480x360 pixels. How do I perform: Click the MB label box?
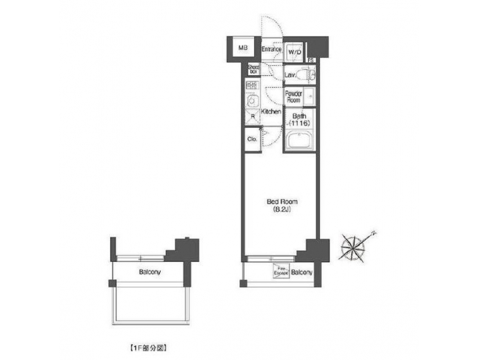pos(243,49)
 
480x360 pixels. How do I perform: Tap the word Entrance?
pos(271,49)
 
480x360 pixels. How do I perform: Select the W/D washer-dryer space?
pos(295,51)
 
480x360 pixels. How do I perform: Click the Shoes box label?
pos(253,69)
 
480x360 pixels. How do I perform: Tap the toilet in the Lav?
pos(307,75)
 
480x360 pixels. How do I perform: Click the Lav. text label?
pos(290,76)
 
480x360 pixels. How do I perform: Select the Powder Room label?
pos(294,97)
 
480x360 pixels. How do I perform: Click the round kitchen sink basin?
pos(253,102)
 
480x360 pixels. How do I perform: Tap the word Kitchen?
pos(271,112)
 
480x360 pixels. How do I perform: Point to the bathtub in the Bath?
pos(299,141)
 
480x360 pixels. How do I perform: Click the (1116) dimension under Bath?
pos(299,123)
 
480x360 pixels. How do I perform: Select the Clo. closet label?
pos(253,139)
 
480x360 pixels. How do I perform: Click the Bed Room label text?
pos(282,201)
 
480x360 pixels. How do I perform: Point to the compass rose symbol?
pos(353,247)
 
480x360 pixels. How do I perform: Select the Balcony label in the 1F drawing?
pos(149,273)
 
